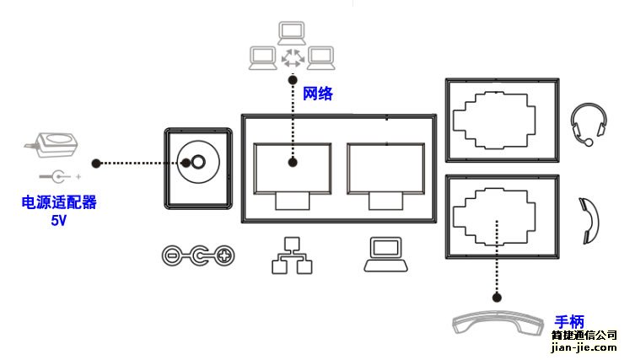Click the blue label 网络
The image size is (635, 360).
pyautogui.click(x=318, y=94)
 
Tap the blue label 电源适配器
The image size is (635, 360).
pyautogui.click(x=59, y=203)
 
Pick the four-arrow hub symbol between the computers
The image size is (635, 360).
pyautogui.click(x=294, y=58)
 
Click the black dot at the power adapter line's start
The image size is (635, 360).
pyautogui.click(x=97, y=162)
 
